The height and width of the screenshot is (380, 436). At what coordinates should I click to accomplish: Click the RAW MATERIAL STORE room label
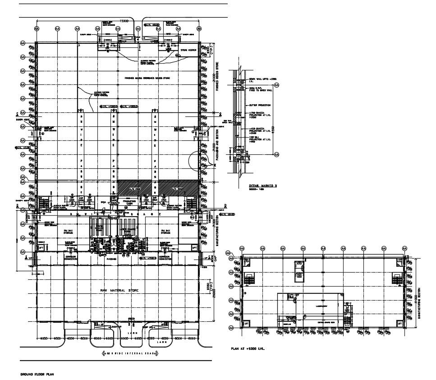[119, 290]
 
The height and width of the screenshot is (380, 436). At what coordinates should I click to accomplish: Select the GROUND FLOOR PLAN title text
[38, 375]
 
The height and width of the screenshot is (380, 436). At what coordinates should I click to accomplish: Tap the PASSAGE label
[111, 259]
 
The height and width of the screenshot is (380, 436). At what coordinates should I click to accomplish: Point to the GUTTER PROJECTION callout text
[260, 105]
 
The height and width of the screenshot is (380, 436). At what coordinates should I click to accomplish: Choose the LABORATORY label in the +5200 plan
[309, 304]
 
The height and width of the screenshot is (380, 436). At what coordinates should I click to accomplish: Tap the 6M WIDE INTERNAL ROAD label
[131, 352]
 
